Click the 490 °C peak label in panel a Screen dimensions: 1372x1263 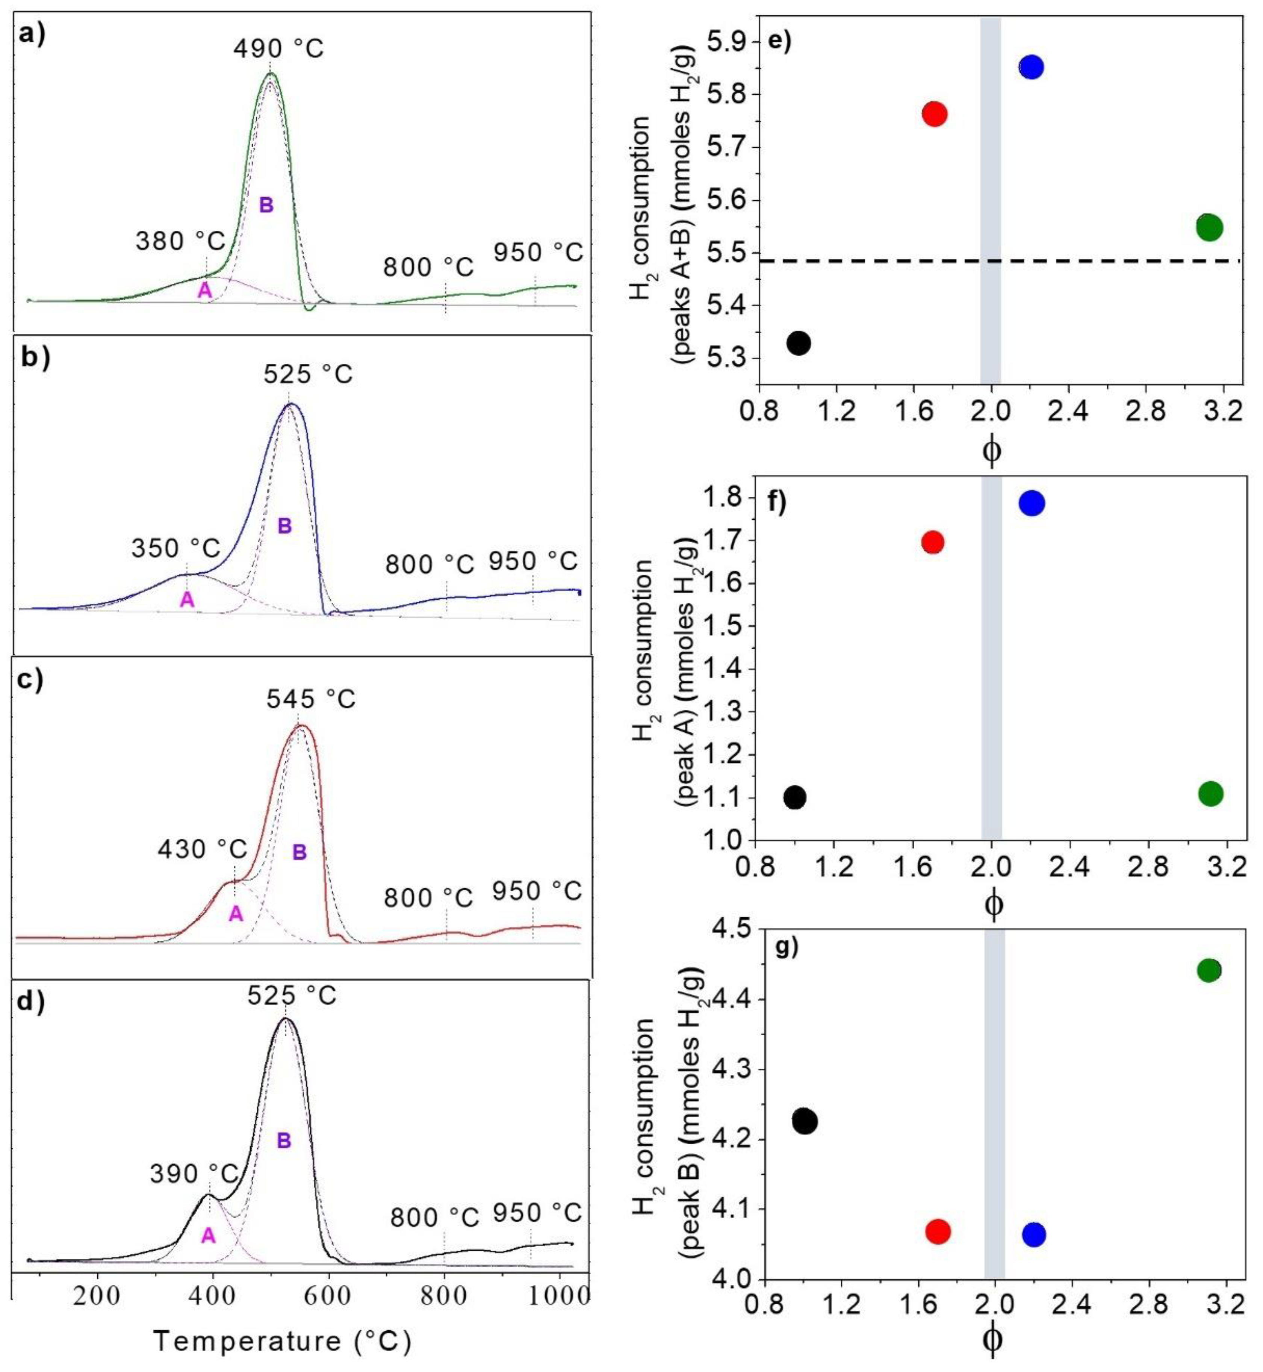point(278,49)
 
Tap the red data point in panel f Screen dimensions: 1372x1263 point(933,542)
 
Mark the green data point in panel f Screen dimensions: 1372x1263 point(1210,794)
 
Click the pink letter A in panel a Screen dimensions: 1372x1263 point(204,290)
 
